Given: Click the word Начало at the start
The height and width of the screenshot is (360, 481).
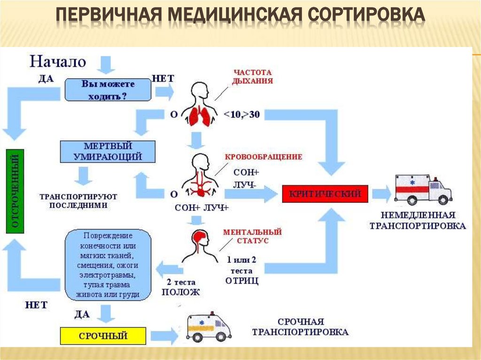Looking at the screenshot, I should [58, 61].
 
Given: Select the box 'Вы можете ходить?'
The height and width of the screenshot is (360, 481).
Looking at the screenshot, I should [108, 90].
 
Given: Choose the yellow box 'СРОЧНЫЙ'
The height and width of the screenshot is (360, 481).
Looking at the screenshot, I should [103, 336].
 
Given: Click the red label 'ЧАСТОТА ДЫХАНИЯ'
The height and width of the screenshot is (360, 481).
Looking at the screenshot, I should [253, 77].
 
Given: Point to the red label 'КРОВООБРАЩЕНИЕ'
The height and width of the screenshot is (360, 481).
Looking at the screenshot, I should [264, 157].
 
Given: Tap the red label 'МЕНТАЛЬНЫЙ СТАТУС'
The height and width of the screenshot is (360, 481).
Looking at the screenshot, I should [252, 236].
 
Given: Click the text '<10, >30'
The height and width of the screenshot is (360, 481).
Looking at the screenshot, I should [242, 115].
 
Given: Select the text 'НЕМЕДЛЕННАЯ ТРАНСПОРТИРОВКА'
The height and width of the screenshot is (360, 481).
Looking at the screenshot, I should [418, 221].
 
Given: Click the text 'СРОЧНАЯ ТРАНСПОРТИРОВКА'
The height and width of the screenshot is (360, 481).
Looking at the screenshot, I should [301, 327].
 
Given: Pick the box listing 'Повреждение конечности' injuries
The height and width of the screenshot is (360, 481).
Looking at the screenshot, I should [108, 264].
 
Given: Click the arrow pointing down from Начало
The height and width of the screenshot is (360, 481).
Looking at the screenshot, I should [107, 64].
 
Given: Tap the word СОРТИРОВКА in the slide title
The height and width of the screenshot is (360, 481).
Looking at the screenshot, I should [367, 15].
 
